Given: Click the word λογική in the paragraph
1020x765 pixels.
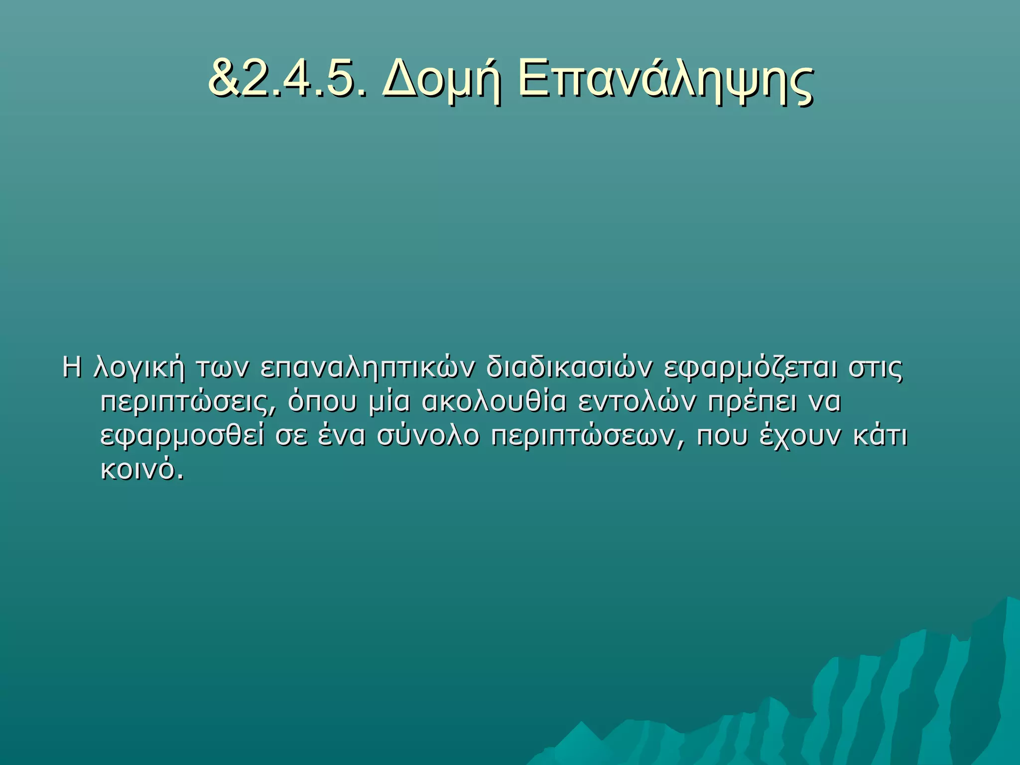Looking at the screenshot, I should click(x=139, y=369).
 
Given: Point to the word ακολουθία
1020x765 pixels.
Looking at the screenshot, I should click(x=494, y=402).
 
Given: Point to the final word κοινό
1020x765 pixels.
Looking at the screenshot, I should click(x=142, y=469).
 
